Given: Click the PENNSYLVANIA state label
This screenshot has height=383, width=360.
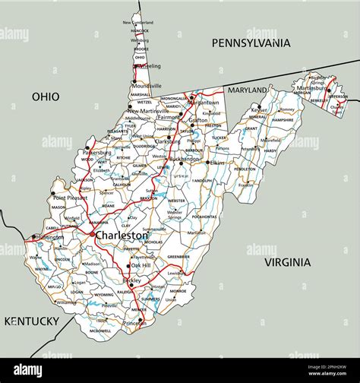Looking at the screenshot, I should pyautogui.click(x=251, y=43).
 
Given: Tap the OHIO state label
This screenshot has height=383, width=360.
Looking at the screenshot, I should pyautogui.click(x=46, y=97).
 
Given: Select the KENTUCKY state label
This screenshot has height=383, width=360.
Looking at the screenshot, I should pyautogui.click(x=32, y=321).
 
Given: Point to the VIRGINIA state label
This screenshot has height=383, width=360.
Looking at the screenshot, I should pyautogui.click(x=287, y=262).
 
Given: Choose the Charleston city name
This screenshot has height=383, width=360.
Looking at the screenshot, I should pyautogui.click(x=122, y=236).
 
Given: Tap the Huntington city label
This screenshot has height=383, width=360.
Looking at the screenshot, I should pyautogui.click(x=47, y=236).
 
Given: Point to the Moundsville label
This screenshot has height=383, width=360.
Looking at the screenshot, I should pyautogui.click(x=147, y=86).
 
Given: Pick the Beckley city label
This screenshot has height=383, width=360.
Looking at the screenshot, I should pyautogui.click(x=131, y=280).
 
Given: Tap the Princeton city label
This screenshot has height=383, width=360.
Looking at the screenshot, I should pyautogui.click(x=134, y=322).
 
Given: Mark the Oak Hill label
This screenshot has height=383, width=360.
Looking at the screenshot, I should pyautogui.click(x=141, y=265).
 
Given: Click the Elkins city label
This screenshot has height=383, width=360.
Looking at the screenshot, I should pyautogui.click(x=217, y=163).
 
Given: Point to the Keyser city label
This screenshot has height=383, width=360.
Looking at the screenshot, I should pyautogui.click(x=259, y=110).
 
